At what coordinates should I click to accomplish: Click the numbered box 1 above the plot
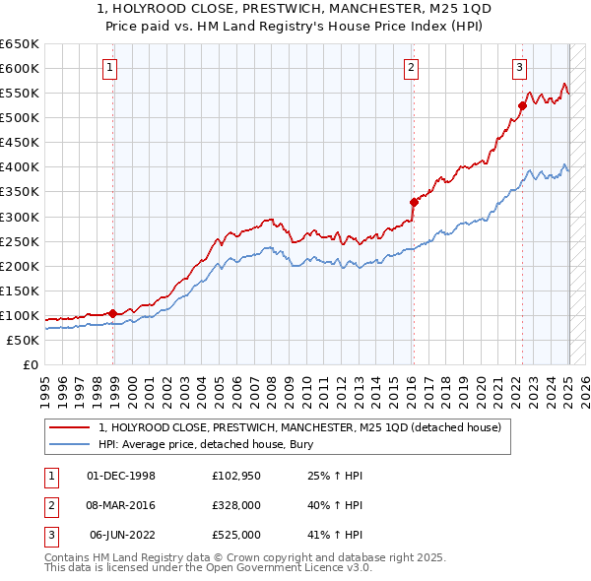(108, 68)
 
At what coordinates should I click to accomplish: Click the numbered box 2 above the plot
(411, 68)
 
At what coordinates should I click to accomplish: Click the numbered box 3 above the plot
(519, 68)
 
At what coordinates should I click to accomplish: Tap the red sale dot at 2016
(414, 202)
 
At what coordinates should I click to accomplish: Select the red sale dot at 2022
(523, 105)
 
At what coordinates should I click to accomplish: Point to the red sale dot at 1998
(113, 313)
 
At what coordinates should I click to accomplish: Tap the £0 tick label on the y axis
(30, 364)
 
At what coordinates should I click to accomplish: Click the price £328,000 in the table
(236, 505)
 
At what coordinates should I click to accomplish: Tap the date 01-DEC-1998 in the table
(121, 476)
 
